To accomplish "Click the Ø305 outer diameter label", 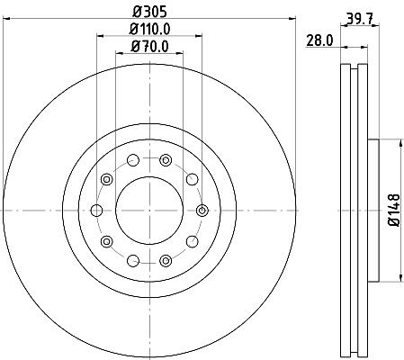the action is click(149, 12).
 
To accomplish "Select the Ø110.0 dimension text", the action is click(150, 30).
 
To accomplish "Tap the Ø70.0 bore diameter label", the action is click(149, 47).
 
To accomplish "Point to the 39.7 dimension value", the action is click(360, 20).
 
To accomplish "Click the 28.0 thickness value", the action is click(319, 40).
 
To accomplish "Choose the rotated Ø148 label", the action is click(394, 210).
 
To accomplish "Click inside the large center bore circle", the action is click(149, 211).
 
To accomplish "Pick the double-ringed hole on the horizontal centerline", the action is click(202, 211).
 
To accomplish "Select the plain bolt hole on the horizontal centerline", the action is click(96, 211).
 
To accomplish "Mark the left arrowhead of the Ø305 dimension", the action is click(6, 19).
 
